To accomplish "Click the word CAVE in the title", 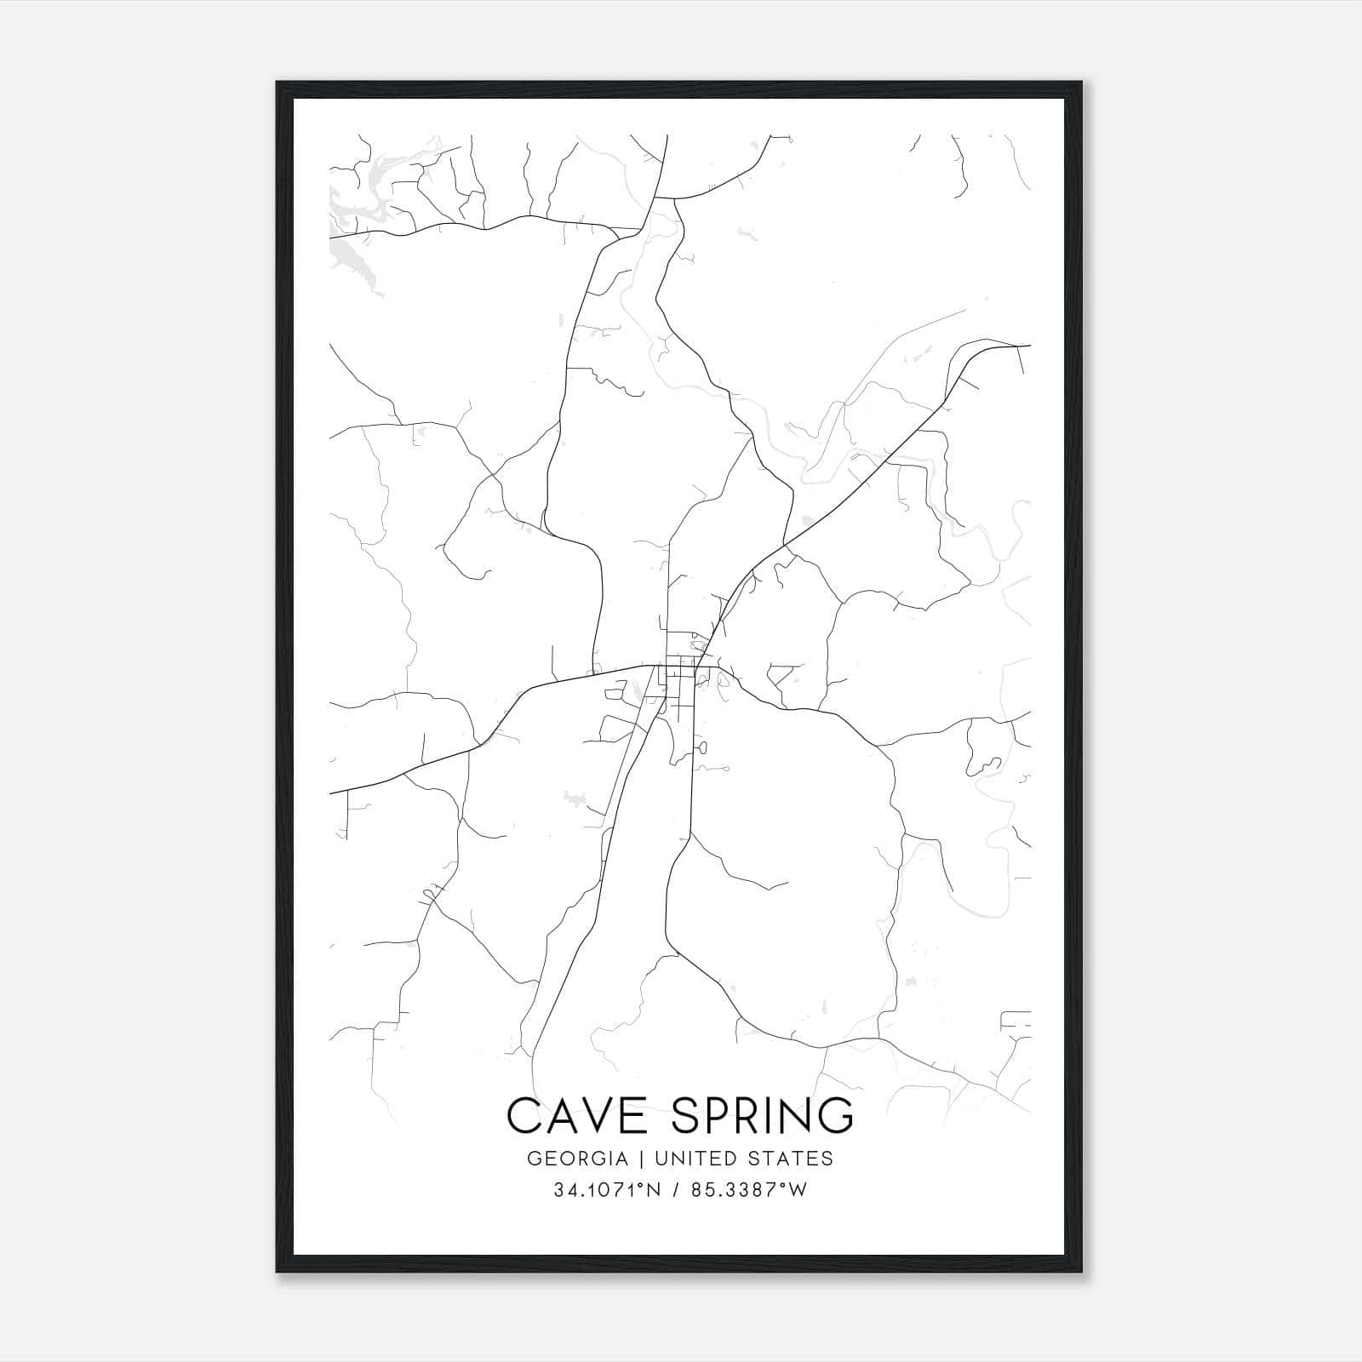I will [x=581, y=1116].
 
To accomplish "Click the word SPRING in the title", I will [x=761, y=1116].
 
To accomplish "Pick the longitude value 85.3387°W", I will [x=747, y=1190].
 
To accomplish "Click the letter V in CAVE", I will [x=601, y=1116].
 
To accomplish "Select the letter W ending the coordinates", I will [x=798, y=1190].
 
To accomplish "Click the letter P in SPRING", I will [x=719, y=1116].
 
